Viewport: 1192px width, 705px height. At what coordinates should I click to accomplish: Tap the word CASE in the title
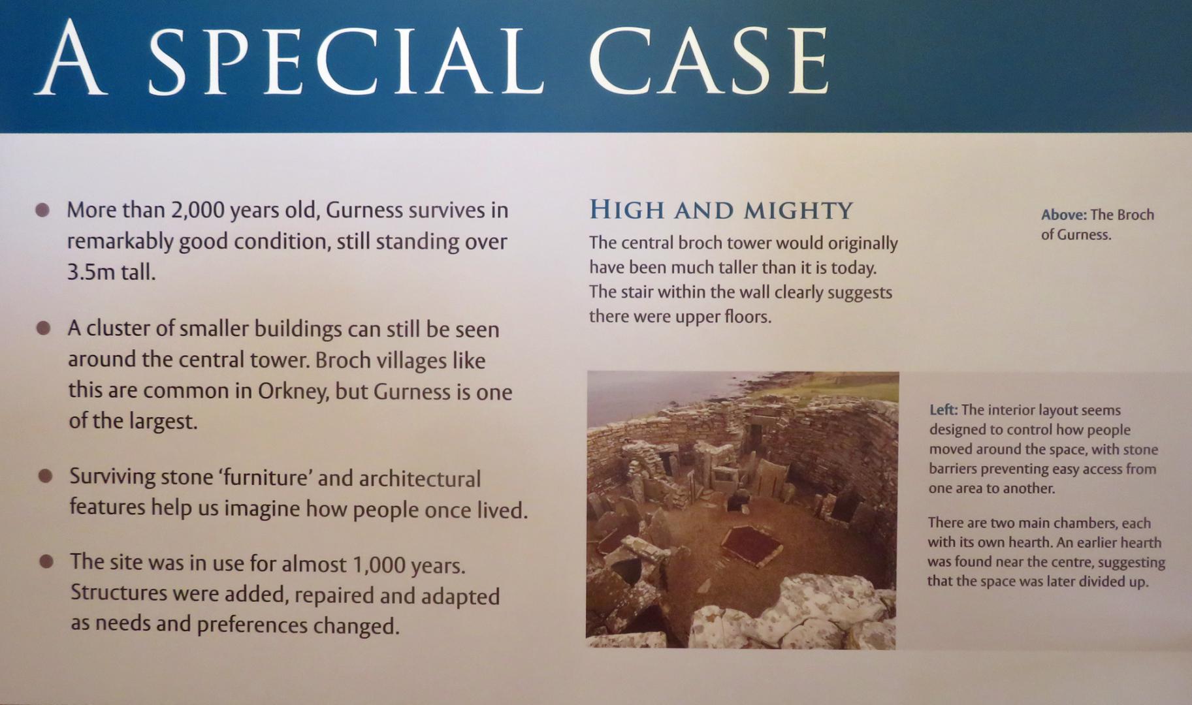click(709, 61)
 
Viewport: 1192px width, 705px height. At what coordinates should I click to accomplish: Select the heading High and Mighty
click(721, 210)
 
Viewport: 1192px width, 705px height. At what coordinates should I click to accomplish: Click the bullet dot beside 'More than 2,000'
click(42, 210)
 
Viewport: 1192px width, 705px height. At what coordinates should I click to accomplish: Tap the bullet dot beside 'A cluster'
click(43, 328)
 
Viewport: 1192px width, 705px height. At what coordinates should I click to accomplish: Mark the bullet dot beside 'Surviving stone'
click(45, 476)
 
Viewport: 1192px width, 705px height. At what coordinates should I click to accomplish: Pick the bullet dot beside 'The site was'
click(46, 561)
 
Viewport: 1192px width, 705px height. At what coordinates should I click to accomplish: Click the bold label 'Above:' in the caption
click(1064, 215)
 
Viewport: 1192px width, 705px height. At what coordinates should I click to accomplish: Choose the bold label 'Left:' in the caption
click(943, 410)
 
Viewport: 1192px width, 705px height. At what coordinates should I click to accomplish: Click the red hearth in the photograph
click(751, 546)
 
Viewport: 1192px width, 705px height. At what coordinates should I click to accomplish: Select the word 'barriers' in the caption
click(955, 469)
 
